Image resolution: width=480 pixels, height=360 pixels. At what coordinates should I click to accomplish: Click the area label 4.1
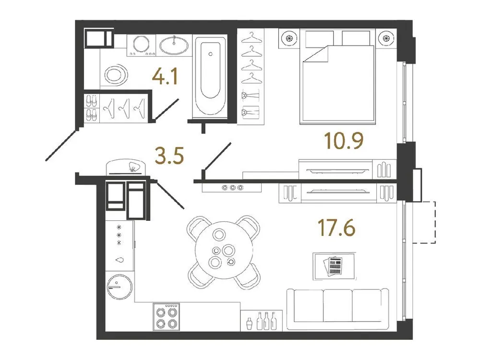tap(164, 76)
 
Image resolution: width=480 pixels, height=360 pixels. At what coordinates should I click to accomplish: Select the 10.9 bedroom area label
tap(344, 141)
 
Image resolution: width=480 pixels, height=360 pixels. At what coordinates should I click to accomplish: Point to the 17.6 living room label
tap(336, 228)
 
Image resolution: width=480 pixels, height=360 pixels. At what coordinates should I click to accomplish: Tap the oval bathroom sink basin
tap(174, 46)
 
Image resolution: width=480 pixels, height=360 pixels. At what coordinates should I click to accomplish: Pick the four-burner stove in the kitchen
tap(166, 316)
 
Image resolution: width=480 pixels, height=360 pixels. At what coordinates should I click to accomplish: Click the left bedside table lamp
tap(289, 39)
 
